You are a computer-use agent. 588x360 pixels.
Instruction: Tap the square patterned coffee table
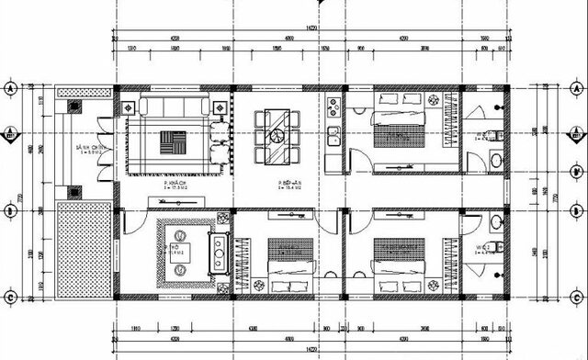point(172,144)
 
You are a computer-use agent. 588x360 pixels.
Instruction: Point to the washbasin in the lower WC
point(497,221)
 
